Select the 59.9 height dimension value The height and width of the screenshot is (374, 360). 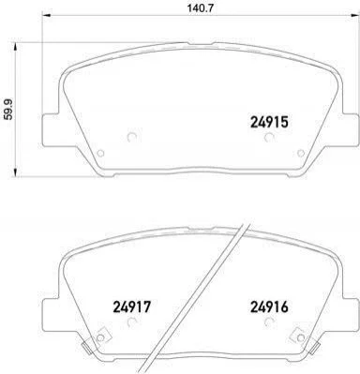click(8, 110)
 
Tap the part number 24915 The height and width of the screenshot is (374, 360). click(269, 122)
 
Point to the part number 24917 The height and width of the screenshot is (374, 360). click(131, 307)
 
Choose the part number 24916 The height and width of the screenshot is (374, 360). click(269, 307)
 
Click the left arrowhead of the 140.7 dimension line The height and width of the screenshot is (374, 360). click(46, 15)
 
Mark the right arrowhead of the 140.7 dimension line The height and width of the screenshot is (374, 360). click(353, 15)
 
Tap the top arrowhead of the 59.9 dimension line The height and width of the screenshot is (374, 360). click(15, 47)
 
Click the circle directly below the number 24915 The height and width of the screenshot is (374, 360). click(268, 137)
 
